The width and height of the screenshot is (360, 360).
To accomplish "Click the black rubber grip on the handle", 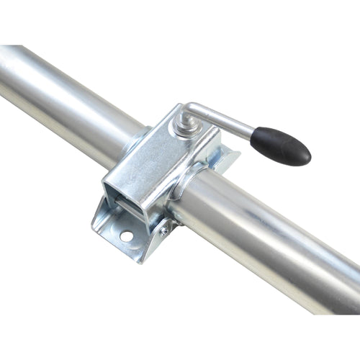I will point(281,146).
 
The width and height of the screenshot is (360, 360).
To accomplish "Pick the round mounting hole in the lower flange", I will point(126,235).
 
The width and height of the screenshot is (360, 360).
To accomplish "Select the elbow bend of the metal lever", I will point(189,110).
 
